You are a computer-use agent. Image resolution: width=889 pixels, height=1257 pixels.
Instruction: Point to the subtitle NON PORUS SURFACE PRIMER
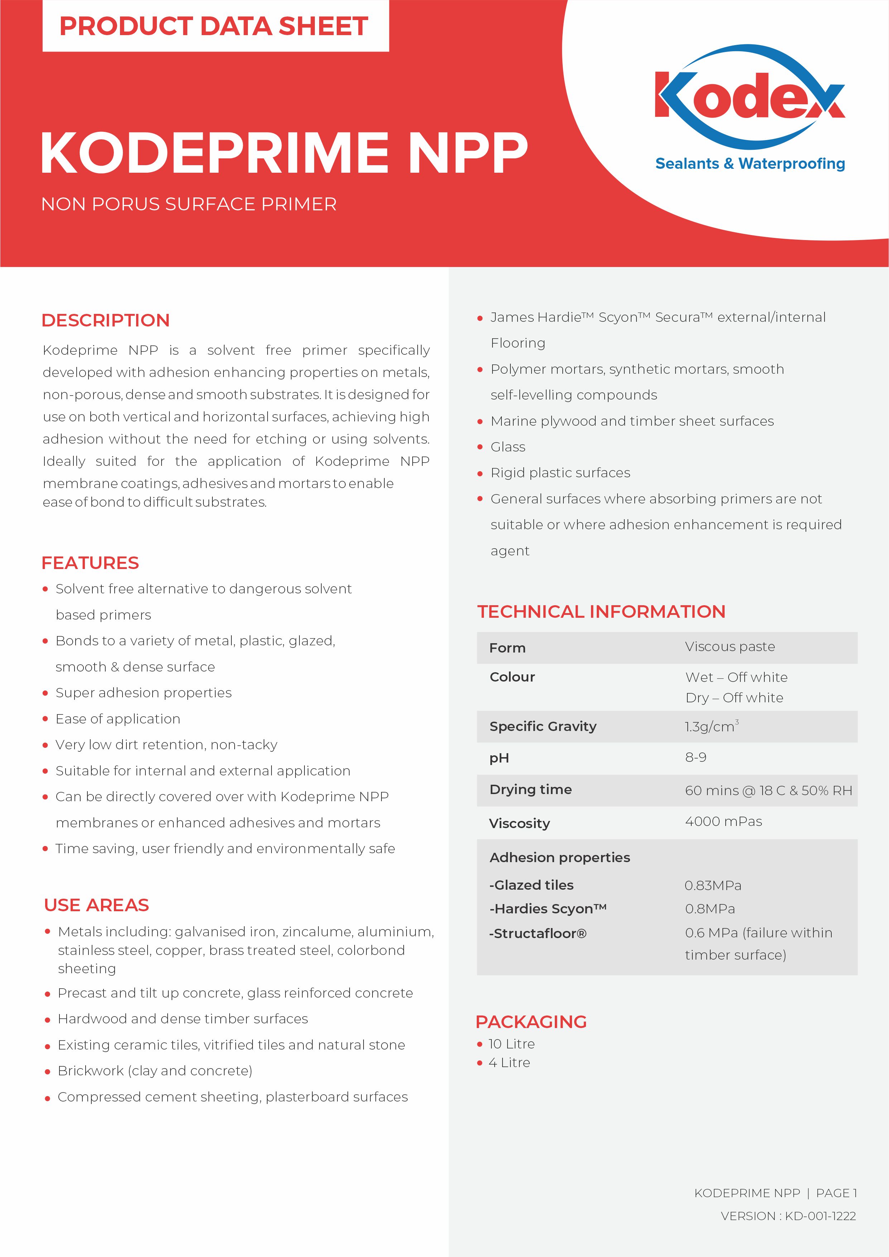click(x=189, y=204)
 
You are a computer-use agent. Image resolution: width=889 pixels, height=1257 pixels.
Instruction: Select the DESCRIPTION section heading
click(x=106, y=320)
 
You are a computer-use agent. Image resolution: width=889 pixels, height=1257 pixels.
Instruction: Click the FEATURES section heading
click(x=90, y=563)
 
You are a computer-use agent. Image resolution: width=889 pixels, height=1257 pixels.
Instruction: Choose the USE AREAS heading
click(x=96, y=905)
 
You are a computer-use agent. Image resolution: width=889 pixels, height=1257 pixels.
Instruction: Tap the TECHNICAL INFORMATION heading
click(x=601, y=612)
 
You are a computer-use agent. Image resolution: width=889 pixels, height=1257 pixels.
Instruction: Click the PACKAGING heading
click(x=531, y=1022)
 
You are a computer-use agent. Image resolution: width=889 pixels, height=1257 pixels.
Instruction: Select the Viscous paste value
click(x=730, y=646)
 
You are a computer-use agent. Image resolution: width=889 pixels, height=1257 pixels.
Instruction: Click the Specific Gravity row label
click(x=543, y=726)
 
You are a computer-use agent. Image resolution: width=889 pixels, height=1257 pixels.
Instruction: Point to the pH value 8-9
click(x=695, y=757)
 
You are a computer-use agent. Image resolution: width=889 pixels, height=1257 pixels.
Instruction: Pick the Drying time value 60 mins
click(x=768, y=790)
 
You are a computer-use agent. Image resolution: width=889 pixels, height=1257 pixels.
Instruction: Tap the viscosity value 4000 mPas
click(x=723, y=821)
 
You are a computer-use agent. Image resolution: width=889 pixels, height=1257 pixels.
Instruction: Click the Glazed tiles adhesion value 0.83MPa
click(x=713, y=885)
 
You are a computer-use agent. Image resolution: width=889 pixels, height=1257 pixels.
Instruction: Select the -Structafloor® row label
click(x=538, y=933)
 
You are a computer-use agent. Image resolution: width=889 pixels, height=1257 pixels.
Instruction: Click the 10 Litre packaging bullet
click(x=511, y=1044)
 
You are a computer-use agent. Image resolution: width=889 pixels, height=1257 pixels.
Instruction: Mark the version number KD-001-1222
click(x=820, y=1216)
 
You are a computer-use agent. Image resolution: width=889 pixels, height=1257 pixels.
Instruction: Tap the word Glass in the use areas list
click(x=508, y=447)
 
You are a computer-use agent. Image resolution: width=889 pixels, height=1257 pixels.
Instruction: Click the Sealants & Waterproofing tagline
click(x=750, y=164)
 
